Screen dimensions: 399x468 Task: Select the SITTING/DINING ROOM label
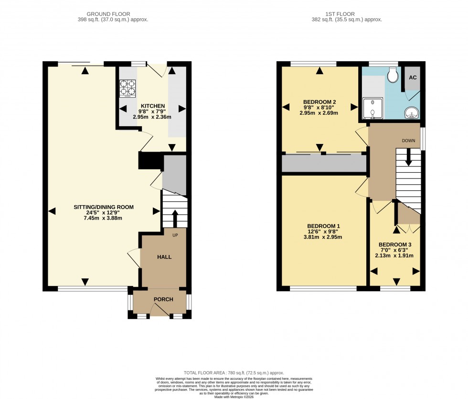tap(103, 207)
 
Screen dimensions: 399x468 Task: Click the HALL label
tap(164, 257)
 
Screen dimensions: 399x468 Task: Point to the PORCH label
tap(163, 299)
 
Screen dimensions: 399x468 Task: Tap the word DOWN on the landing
tap(408, 141)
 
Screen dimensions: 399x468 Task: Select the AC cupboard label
tap(412, 77)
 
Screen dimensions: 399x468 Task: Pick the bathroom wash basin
tap(411, 113)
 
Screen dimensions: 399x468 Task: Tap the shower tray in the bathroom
tap(372, 109)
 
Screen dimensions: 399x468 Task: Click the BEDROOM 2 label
tap(319, 102)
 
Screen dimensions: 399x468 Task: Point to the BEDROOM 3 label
tap(395, 244)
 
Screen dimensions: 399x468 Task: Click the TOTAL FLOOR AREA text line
tap(234, 373)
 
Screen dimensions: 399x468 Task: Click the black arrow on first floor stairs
tap(408, 157)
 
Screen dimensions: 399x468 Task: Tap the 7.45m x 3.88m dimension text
tap(103, 218)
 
